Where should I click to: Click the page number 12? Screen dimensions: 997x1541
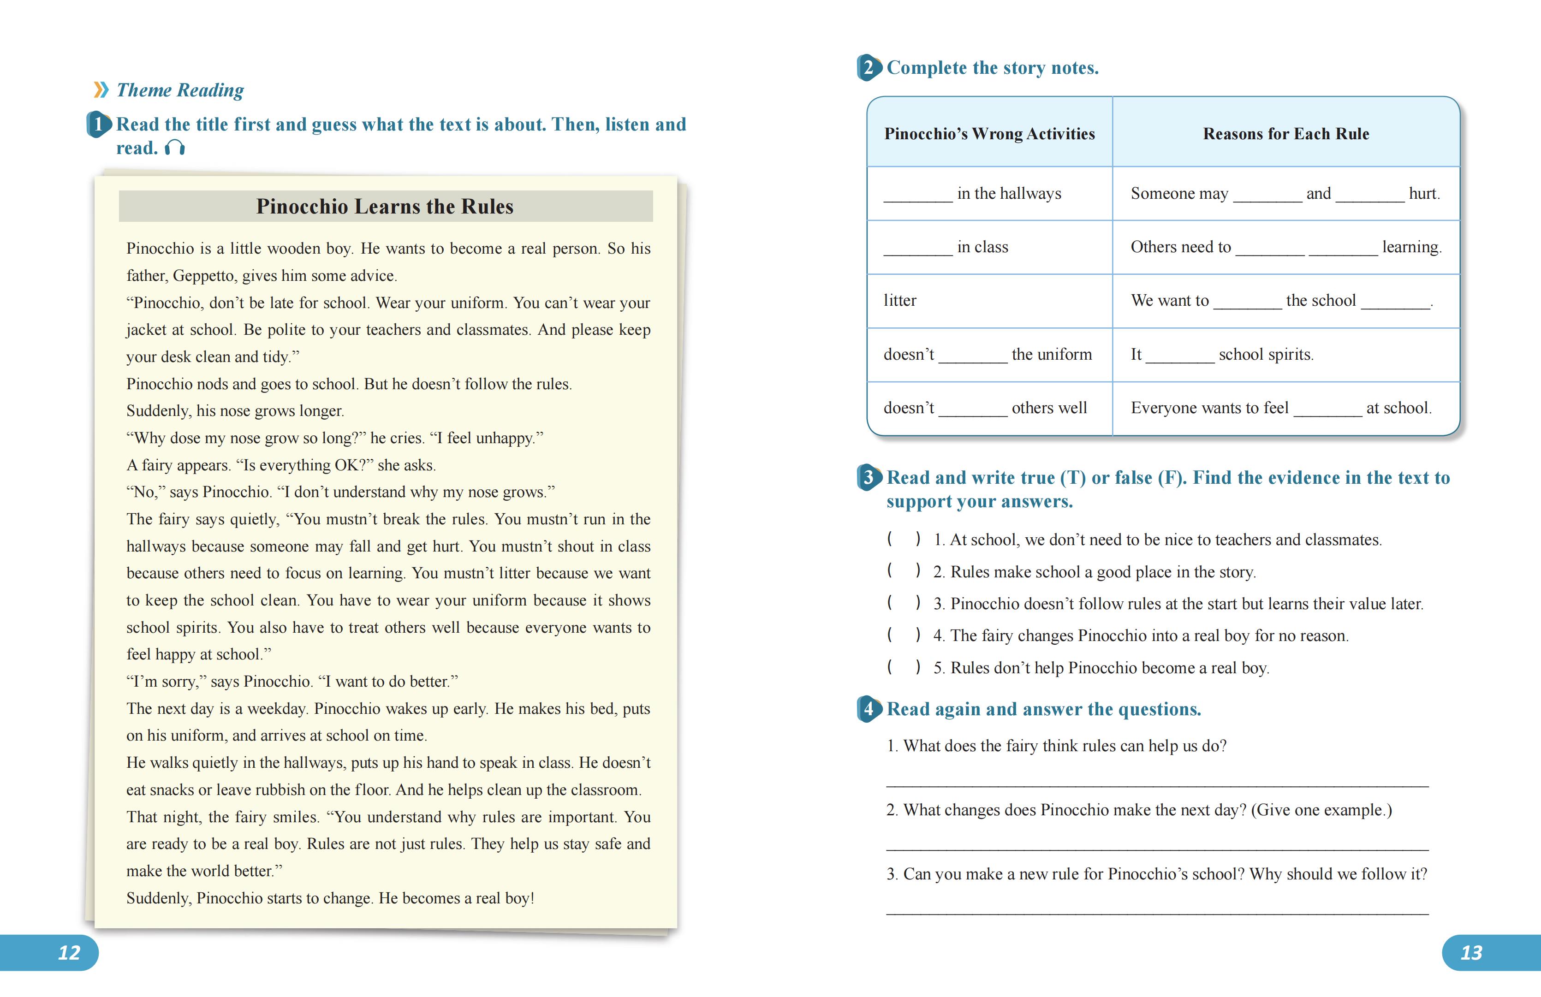point(69,952)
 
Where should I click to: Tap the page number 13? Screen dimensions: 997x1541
point(1471,952)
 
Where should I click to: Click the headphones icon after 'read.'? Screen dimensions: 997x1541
point(175,148)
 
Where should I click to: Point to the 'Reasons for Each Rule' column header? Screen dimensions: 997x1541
point(1286,134)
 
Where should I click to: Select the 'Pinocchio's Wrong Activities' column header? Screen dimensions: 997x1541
point(989,134)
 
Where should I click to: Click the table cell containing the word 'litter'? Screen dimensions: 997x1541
point(900,300)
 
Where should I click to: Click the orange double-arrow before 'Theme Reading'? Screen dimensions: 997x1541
point(101,90)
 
